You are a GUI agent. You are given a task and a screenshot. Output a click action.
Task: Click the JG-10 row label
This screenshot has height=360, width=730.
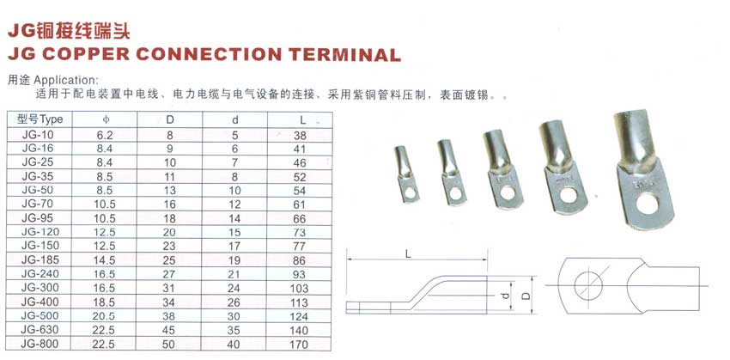[x=38, y=135]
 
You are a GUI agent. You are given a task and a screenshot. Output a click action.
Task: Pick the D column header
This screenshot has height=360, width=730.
[x=170, y=119]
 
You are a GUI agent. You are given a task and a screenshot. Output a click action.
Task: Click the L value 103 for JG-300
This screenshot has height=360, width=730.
[x=299, y=289]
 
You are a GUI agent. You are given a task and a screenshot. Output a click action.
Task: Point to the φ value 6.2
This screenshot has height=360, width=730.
[x=105, y=136]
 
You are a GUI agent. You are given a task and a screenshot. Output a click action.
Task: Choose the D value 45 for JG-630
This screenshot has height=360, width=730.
[x=170, y=330]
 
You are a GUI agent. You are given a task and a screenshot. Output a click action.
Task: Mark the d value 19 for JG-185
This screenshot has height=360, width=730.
[x=234, y=259]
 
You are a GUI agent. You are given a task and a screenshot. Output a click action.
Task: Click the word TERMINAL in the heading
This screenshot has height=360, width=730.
[x=344, y=54]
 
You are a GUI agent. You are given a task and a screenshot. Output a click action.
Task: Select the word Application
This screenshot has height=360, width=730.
[x=67, y=80]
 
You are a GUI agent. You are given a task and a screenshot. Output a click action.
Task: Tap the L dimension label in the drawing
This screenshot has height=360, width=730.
[x=408, y=253]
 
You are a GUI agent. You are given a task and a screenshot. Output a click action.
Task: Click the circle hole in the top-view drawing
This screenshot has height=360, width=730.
[x=588, y=285]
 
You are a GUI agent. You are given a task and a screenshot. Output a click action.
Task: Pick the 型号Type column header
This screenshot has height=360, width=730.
[x=40, y=119]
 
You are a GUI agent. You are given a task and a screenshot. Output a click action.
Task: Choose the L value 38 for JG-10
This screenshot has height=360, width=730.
[x=301, y=136]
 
